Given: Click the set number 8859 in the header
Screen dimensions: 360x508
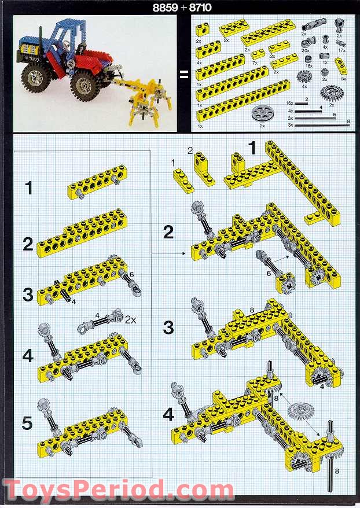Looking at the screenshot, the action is [x=166, y=8].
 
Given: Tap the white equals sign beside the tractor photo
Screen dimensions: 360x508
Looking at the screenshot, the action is [x=184, y=75].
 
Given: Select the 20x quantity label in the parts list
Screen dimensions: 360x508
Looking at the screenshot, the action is [x=305, y=50].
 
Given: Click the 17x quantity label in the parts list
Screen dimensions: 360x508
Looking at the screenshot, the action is [x=341, y=50].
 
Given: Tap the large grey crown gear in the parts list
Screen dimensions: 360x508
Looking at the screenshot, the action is [x=332, y=94].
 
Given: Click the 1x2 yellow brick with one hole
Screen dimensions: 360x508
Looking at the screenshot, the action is [x=202, y=30].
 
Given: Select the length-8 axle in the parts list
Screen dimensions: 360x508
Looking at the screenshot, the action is [x=322, y=125].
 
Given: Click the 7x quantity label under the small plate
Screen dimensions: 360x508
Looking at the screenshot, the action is [x=255, y=63].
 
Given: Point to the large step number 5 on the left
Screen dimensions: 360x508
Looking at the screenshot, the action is [x=27, y=423].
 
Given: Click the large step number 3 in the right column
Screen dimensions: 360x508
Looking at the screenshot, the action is [x=168, y=327].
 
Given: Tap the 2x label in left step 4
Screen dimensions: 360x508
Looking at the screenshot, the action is [x=131, y=320].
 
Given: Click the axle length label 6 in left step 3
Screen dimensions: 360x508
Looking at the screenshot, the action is [x=131, y=275].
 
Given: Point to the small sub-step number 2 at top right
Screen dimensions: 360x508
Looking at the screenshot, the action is [x=190, y=150].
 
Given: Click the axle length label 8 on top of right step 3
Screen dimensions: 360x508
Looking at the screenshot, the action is [x=252, y=310].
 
